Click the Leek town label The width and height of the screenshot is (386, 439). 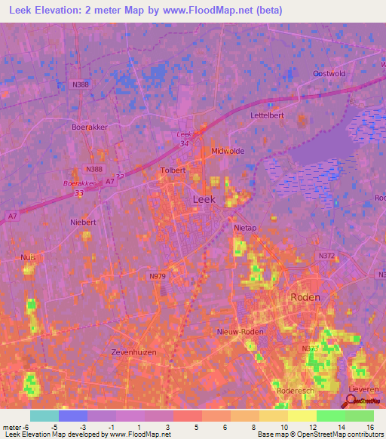point(204,199)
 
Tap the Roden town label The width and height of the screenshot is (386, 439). point(305,297)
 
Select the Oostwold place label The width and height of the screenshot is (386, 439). point(329,73)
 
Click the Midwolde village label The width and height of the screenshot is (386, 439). point(228,151)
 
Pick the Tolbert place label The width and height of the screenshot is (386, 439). point(173,170)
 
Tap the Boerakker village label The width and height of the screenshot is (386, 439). point(90,127)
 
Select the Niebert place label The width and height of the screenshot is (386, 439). point(83,223)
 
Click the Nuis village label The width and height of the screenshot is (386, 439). point(29,257)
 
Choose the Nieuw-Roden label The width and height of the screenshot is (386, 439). point(238,333)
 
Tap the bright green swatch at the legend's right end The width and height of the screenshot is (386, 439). point(360,416)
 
